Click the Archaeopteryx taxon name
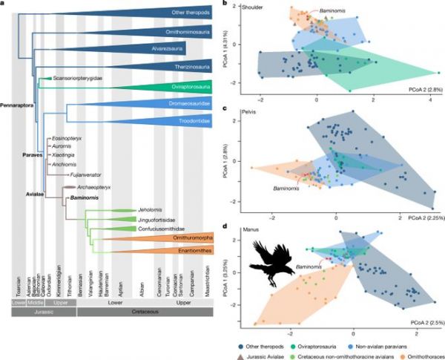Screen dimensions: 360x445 coord(93,188)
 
